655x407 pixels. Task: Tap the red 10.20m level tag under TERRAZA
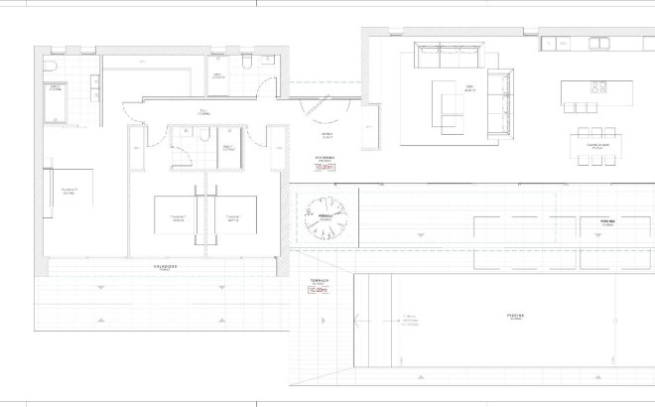(318, 291)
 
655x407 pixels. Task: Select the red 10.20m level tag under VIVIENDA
(326, 168)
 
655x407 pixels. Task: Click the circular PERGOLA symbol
(323, 217)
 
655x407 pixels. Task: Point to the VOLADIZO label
(165, 266)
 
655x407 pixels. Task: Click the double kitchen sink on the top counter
(600, 43)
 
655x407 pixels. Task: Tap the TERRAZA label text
(318, 281)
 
